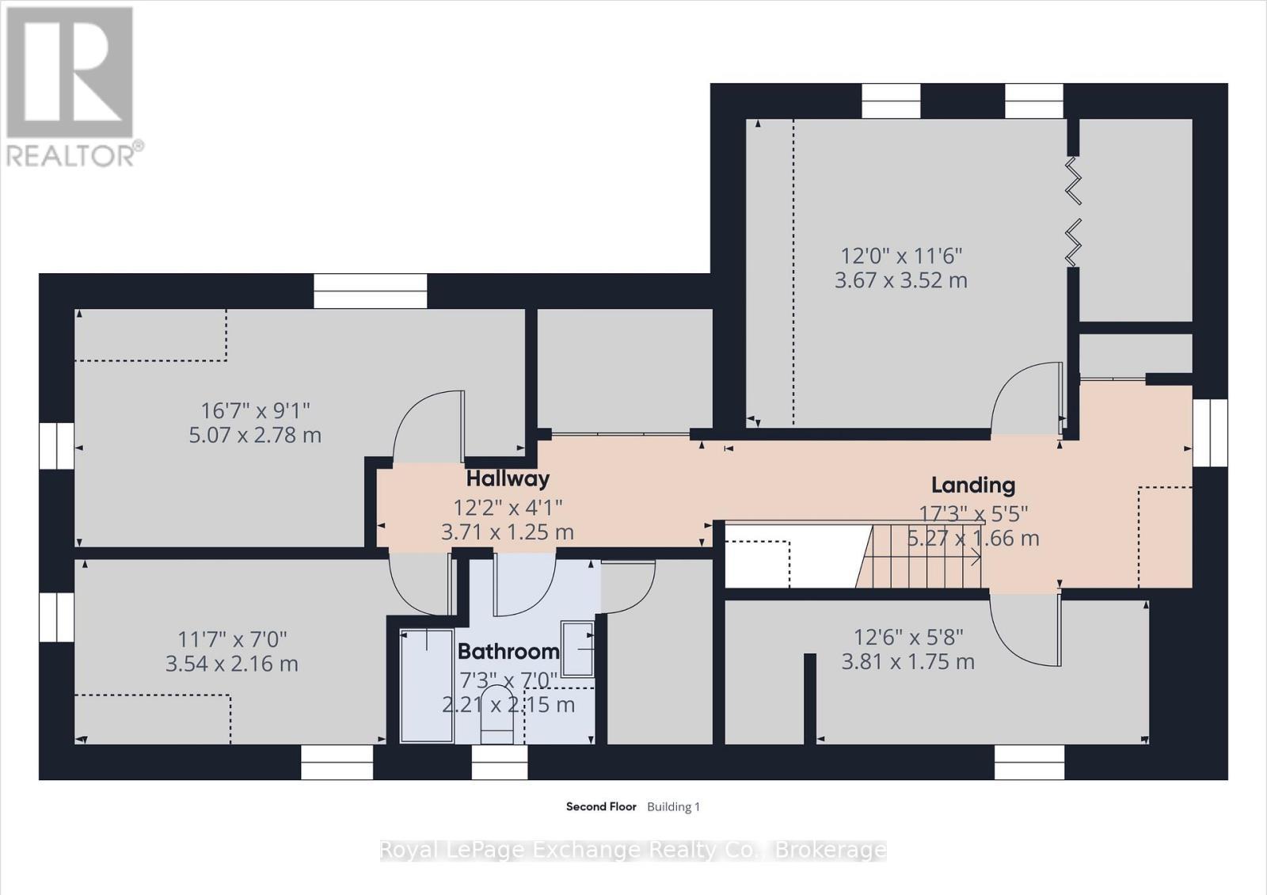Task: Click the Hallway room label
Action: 508,478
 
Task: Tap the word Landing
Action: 972,485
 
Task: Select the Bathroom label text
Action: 508,652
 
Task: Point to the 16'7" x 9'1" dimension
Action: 255,410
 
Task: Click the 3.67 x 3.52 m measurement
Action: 901,280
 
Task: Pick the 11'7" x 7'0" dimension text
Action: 232,638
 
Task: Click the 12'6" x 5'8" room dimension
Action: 908,637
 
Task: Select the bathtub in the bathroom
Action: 426,685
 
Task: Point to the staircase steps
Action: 923,556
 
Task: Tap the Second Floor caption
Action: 601,806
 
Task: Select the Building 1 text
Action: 673,806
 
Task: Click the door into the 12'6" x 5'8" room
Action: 1025,630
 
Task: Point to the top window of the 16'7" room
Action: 370,291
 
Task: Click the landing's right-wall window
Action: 1209,432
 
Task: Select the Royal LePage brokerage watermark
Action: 633,850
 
